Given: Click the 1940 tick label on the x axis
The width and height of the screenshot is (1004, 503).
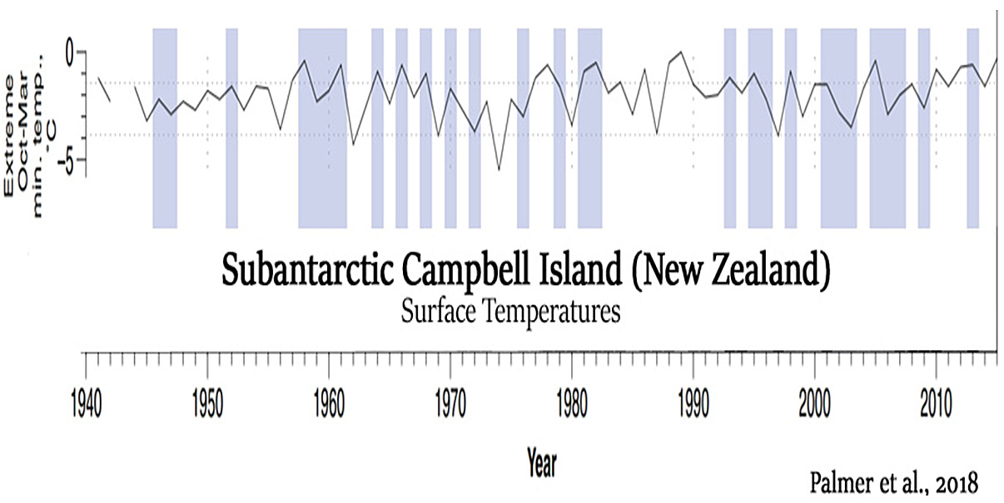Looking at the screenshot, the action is coord(87,405).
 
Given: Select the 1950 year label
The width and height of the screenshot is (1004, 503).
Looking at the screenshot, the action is coord(207,405).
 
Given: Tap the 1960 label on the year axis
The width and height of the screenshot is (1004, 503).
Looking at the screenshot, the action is coord(329,405).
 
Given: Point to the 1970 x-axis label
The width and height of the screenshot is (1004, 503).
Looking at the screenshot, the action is coord(450,405).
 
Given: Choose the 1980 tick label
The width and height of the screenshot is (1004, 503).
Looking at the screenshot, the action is coord(572,405).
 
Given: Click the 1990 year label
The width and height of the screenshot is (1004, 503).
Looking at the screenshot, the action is coord(693,405).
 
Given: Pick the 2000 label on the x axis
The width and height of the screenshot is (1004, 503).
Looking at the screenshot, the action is coord(814,405).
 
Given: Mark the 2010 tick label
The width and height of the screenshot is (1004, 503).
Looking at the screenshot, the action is coord(936,405).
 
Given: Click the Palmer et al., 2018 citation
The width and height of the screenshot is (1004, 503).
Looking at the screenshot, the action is coord(894,483).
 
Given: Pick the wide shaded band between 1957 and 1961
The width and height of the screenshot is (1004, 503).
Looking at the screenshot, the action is coord(323,128).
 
